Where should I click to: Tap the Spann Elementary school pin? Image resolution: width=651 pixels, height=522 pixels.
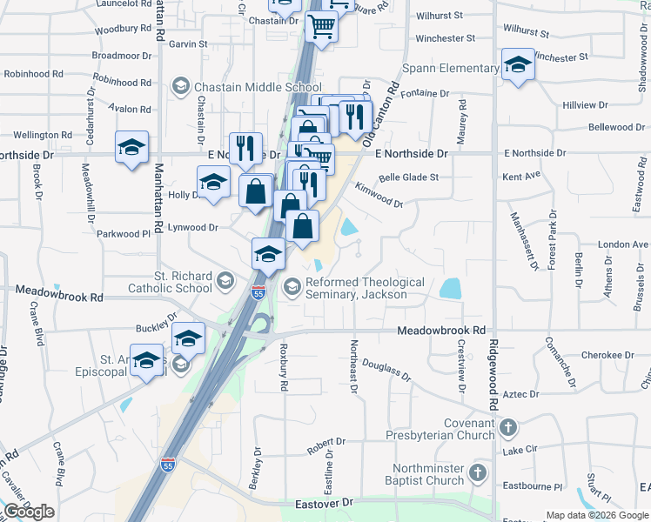pos(518,66)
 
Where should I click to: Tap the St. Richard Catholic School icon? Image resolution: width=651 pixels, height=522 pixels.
pos(225,280)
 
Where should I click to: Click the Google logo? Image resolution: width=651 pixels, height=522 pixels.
pos(29,512)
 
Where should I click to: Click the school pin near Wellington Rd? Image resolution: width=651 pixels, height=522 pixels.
pos(131,147)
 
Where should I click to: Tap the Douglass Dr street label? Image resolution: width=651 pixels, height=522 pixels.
pos(386,370)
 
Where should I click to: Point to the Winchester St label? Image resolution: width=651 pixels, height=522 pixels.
pos(446,38)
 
